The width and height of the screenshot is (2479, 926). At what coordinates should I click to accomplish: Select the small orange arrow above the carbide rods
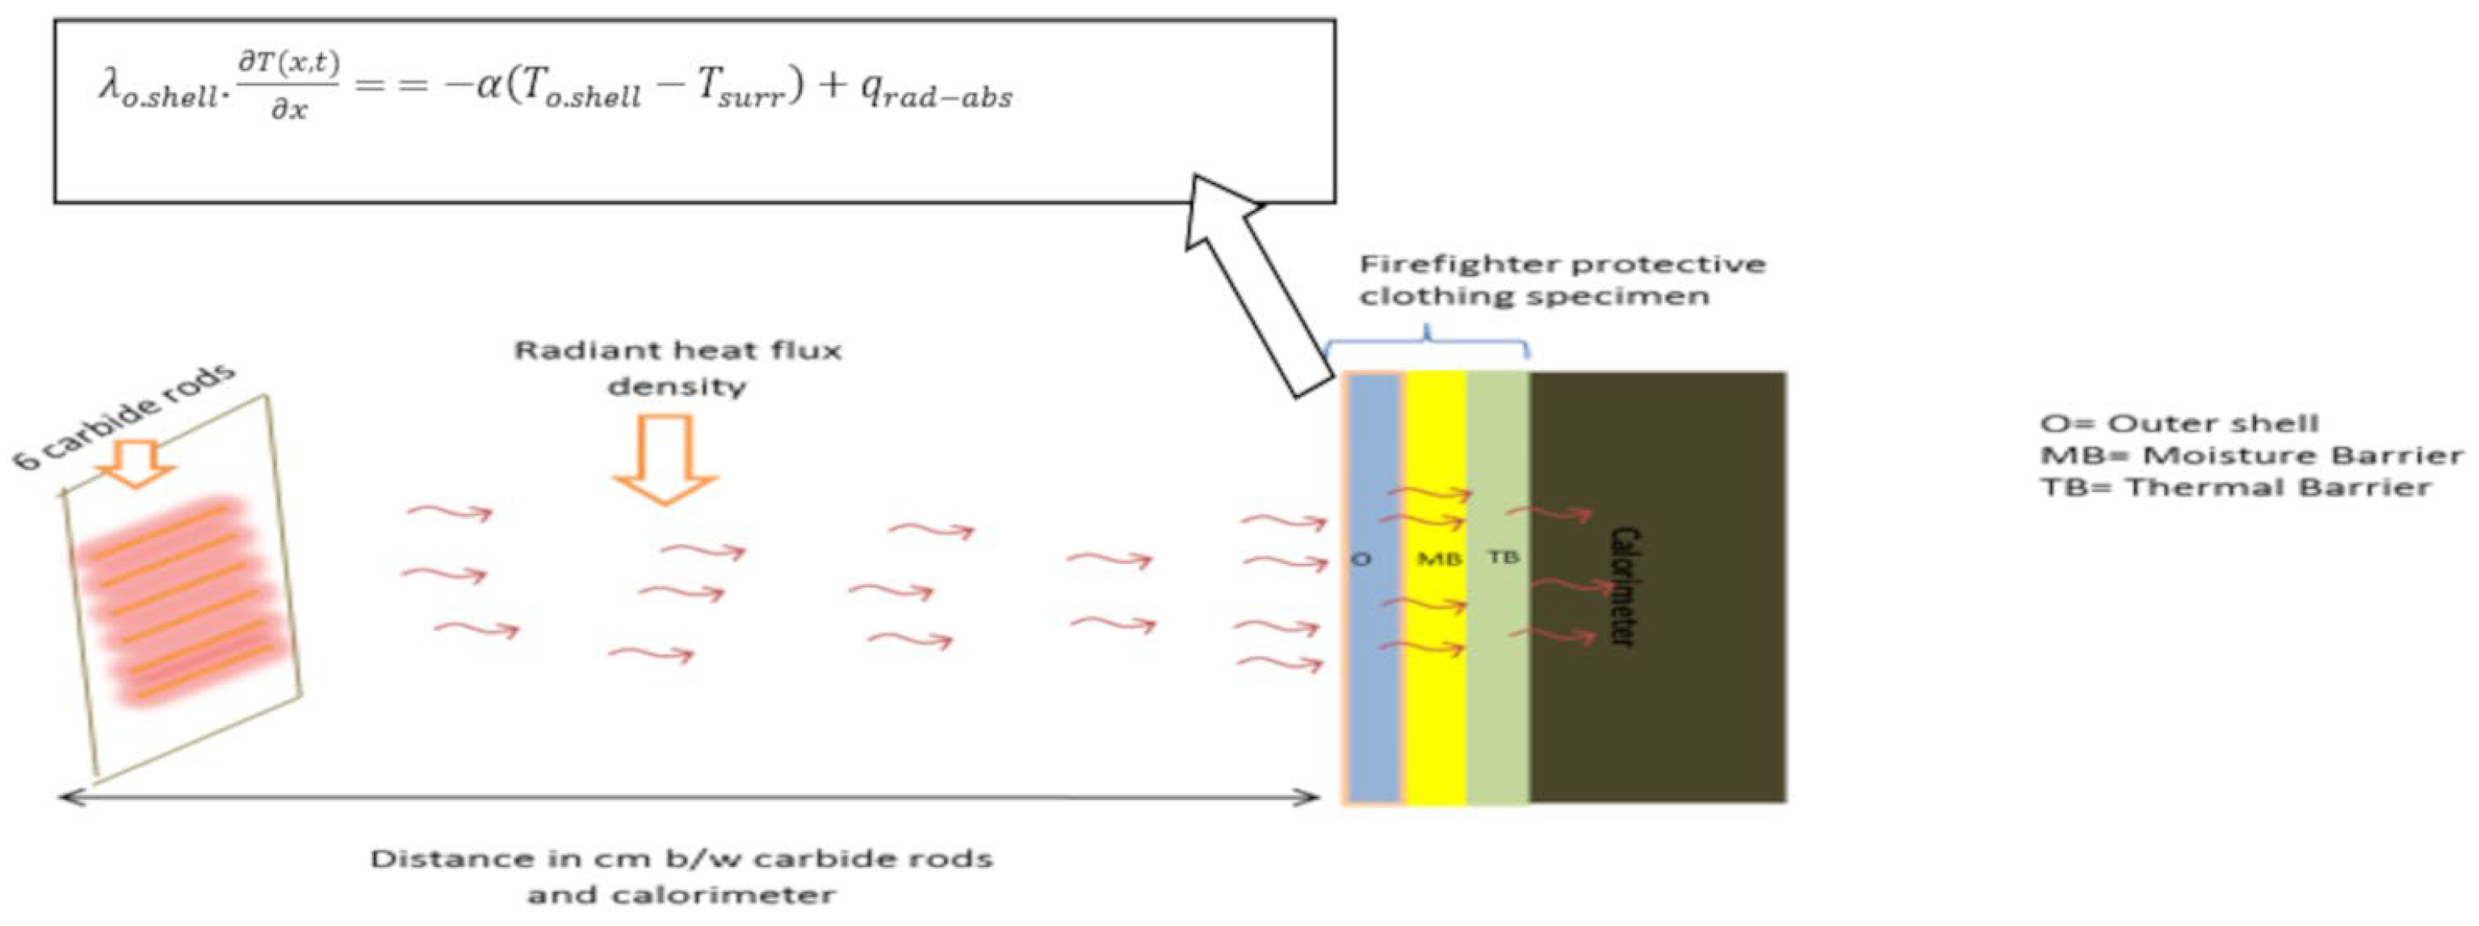click(x=136, y=462)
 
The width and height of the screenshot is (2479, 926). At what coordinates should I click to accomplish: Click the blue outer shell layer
click(x=1374, y=674)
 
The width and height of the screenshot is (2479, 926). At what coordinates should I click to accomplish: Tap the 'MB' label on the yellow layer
click(x=1440, y=558)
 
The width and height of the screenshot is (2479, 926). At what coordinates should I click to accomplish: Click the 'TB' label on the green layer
click(x=1504, y=557)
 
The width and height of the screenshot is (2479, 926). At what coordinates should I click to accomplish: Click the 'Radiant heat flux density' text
click(x=677, y=368)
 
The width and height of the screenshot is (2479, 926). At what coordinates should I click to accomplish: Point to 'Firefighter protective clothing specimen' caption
click(x=1561, y=279)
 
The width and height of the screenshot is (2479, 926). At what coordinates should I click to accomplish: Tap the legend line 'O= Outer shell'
click(x=2179, y=423)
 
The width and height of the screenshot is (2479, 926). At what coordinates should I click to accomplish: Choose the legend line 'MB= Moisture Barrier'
click(x=2252, y=455)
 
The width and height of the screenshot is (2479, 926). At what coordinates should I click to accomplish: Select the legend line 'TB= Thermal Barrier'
click(x=2237, y=487)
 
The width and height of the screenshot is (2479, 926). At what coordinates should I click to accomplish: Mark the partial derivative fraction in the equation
click(x=289, y=85)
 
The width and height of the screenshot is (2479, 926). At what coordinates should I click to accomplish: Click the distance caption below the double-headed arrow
click(x=682, y=876)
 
